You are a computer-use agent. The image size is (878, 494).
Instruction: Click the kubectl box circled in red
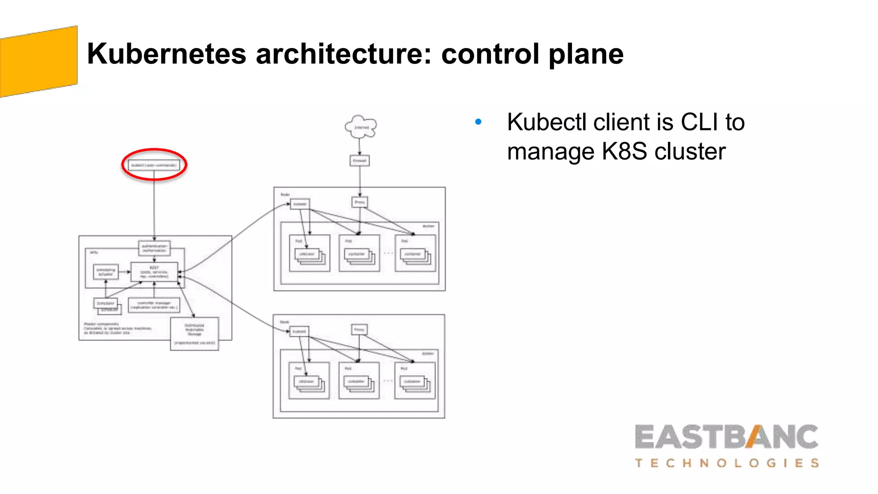click(x=154, y=165)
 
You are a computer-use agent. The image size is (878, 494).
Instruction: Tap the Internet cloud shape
click(x=361, y=127)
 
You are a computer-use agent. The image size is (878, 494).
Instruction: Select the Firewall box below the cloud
click(x=360, y=161)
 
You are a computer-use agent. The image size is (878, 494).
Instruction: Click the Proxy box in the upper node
click(x=360, y=202)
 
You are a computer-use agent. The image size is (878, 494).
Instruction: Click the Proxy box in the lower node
click(x=359, y=329)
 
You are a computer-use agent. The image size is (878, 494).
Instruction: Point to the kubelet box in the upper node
click(x=300, y=204)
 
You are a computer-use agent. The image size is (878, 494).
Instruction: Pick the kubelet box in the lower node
click(x=299, y=331)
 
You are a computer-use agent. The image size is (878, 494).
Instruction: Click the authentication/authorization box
click(x=154, y=248)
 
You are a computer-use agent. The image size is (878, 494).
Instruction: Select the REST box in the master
click(x=154, y=272)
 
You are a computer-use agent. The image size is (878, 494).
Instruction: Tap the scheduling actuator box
click(x=106, y=272)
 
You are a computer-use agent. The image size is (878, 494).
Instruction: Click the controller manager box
click(x=154, y=305)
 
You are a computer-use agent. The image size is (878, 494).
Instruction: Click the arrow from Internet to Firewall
click(x=360, y=146)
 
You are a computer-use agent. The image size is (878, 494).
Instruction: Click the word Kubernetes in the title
click(x=166, y=54)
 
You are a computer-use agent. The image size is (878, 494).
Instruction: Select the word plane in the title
click(x=586, y=54)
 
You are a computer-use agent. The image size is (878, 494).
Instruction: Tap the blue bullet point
click(x=478, y=122)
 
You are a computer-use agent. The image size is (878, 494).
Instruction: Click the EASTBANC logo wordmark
click(x=726, y=437)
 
